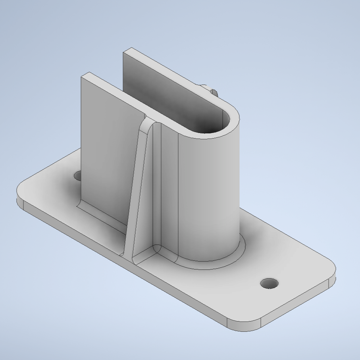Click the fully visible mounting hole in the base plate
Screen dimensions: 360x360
coord(269,283)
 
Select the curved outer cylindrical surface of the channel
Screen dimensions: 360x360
coord(210,191)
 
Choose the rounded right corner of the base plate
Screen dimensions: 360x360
coord(332,274)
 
